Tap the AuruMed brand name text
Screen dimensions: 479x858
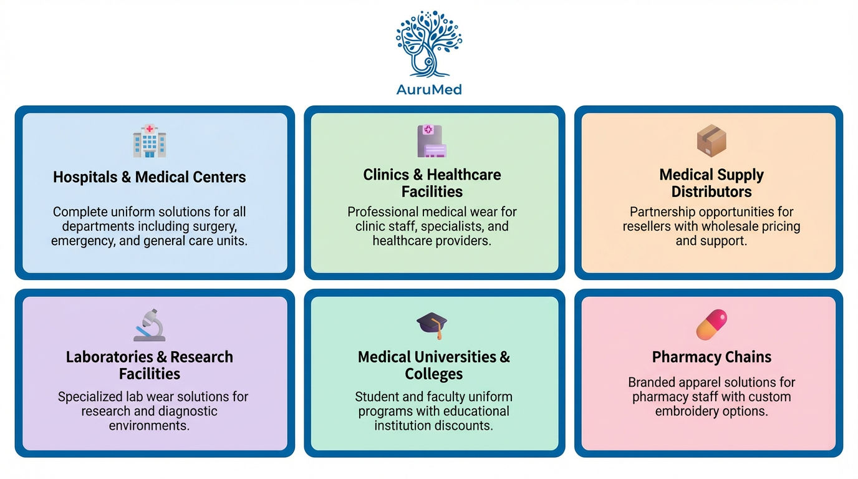tap(429, 89)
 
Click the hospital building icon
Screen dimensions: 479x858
tap(150, 140)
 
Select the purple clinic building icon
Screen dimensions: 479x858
tap(431, 141)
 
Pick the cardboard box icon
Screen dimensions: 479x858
tap(711, 140)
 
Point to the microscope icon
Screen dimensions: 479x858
tap(150, 324)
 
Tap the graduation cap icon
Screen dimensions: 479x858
tap(432, 325)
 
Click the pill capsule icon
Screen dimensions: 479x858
tap(711, 324)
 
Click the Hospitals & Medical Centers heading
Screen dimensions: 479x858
tap(150, 177)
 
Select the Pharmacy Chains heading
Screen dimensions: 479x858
tap(711, 357)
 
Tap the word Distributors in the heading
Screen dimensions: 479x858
tap(711, 191)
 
